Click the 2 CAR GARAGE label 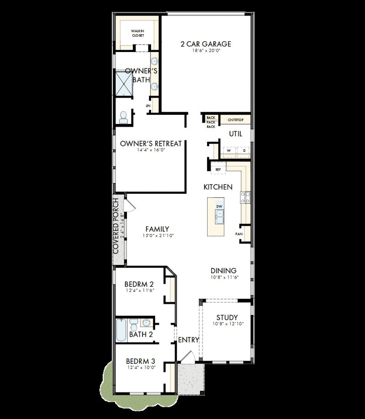point(205,44)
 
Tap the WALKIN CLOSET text point(138,33)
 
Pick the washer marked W point(229,150)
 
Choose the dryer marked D point(244,150)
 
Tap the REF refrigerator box point(218,170)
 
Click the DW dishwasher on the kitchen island point(219,206)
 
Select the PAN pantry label point(239,234)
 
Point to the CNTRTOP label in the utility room point(235,120)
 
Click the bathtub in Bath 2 point(121,331)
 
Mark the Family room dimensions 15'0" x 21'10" point(157,236)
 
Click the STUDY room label point(227,318)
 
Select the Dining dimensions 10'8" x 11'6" point(225,277)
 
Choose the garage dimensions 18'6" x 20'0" point(205,52)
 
